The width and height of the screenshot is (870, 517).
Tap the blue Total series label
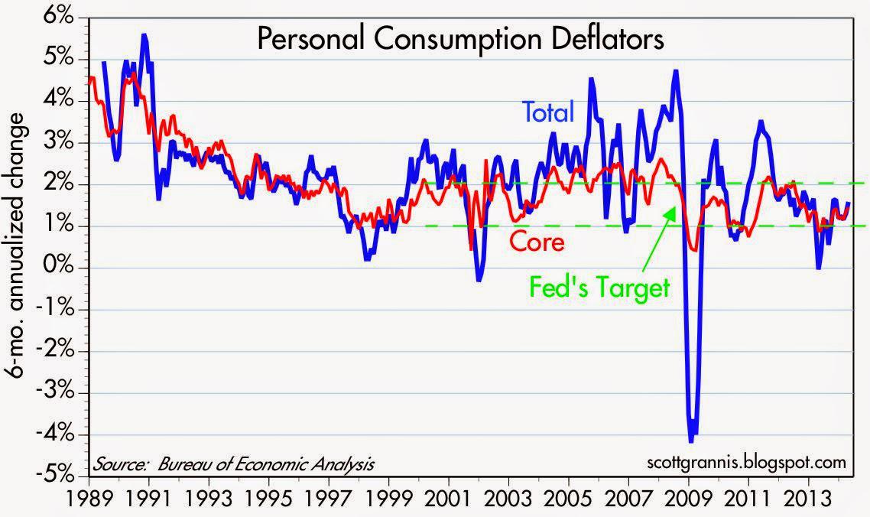pos(547,113)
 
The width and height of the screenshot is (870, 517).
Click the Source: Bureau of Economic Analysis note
pos(234,463)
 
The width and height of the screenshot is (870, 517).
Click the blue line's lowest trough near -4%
pos(692,441)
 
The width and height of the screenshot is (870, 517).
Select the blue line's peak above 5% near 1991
pos(144,35)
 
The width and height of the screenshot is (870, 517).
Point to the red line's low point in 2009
pos(693,249)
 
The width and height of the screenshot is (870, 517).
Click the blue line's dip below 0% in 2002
pos(479,281)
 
